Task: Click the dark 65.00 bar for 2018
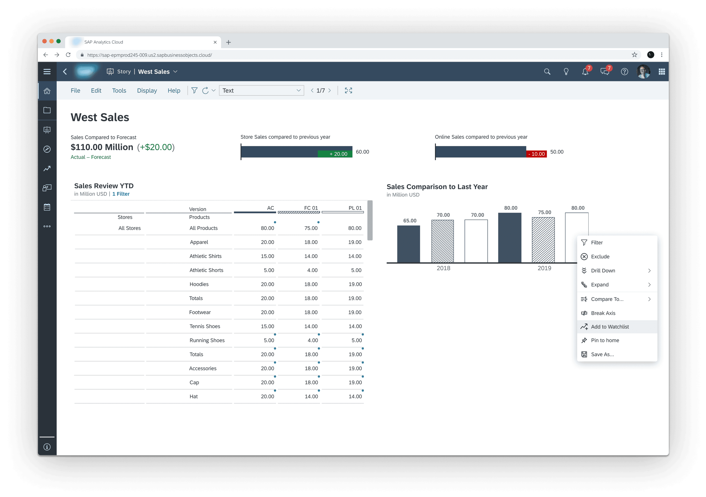(x=408, y=244)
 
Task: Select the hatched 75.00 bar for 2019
(x=543, y=240)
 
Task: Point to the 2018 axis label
(x=443, y=268)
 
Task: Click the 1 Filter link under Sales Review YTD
(x=121, y=194)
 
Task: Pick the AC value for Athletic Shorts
(x=269, y=270)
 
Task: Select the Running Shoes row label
(x=207, y=340)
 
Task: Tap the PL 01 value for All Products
(x=355, y=228)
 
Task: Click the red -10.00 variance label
(x=536, y=154)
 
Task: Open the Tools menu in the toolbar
(x=119, y=90)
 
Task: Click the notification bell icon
(x=585, y=72)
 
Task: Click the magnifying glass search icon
(x=547, y=72)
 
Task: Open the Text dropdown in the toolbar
(x=261, y=90)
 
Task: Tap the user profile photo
(x=644, y=72)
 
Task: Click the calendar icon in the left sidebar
(x=47, y=207)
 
